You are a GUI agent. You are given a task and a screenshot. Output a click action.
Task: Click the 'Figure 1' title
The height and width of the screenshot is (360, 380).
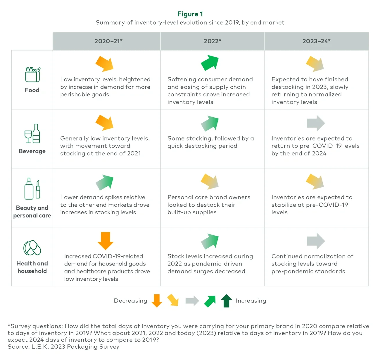(190, 14)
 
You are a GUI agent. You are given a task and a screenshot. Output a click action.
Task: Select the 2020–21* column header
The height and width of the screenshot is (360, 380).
(108, 41)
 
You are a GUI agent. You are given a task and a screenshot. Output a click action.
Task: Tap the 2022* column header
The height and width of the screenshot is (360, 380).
(213, 41)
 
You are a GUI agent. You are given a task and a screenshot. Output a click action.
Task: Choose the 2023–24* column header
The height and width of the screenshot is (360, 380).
(317, 41)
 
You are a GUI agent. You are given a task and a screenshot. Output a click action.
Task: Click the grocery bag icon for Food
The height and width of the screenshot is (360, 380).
(32, 75)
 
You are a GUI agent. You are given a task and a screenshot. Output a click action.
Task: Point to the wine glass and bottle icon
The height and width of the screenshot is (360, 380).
(32, 133)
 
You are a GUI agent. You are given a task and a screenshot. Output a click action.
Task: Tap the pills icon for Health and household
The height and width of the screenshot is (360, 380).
(32, 248)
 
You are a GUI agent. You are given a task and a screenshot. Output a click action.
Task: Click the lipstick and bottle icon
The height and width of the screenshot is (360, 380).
(32, 189)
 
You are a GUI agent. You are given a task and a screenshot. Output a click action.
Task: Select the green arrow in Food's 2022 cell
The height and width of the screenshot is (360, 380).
(210, 63)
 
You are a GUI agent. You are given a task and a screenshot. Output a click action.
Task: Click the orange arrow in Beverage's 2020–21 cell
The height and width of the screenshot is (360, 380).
(105, 122)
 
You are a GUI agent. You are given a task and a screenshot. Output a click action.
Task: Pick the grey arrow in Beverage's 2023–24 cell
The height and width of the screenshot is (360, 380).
(316, 123)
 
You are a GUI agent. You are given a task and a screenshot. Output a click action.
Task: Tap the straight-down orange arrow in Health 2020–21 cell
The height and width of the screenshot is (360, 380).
(105, 241)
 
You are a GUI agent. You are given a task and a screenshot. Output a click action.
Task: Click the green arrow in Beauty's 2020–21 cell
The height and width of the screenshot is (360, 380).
(105, 182)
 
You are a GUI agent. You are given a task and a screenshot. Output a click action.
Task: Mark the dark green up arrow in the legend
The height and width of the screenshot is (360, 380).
(226, 301)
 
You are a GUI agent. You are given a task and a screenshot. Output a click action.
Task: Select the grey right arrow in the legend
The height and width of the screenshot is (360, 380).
(192, 301)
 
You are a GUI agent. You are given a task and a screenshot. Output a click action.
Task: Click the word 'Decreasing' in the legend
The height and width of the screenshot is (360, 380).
(130, 301)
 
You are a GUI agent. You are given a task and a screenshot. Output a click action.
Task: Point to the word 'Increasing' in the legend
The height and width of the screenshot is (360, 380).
(251, 301)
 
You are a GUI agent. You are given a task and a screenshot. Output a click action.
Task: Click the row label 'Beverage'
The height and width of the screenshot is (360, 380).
(32, 151)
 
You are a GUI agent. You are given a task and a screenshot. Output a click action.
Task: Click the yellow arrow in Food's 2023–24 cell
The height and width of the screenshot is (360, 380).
(315, 64)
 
